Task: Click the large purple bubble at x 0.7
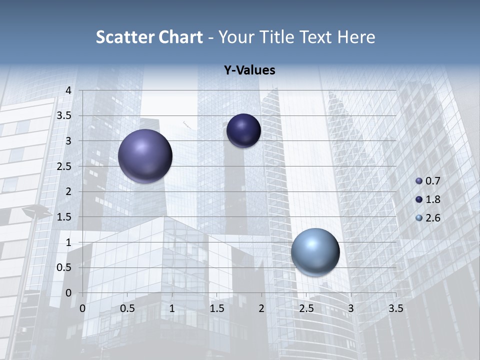pos(145,156)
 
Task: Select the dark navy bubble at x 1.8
pos(243,130)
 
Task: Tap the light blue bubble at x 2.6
pos(315,252)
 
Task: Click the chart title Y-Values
pos(249,70)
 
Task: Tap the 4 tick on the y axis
pos(68,90)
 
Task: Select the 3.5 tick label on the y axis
pos(64,115)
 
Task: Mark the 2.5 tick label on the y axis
pos(64,166)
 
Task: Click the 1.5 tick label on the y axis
pos(64,217)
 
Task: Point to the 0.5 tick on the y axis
pos(64,267)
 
